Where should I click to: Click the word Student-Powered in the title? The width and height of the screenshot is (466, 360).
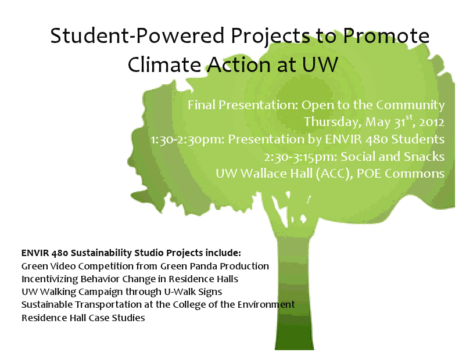pos(137,35)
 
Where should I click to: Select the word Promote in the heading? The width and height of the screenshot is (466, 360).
pos(386,35)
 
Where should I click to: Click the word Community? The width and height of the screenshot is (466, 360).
pos(410,106)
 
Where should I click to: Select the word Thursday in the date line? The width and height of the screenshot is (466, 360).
pos(332,122)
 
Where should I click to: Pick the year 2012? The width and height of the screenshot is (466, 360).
pos(432,123)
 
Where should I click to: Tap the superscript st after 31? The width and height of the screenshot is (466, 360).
pos(409,117)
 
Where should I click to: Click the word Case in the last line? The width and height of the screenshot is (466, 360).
pos(99,318)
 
